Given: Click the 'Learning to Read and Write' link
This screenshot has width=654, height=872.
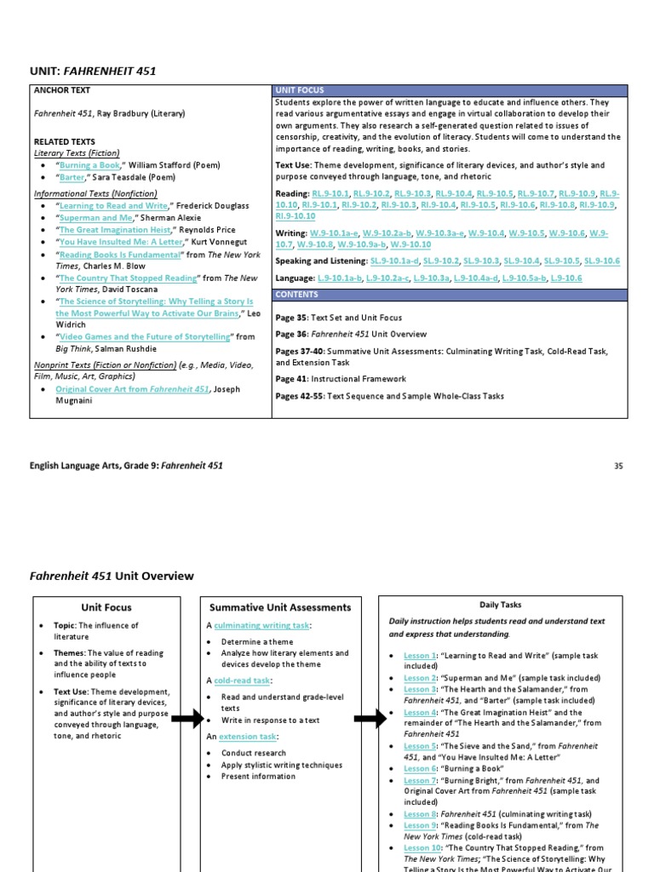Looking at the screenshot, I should pos(113,206).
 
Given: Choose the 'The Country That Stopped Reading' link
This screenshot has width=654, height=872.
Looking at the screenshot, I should pos(128,278).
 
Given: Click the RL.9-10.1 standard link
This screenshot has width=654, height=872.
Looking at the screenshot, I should pos(331,194).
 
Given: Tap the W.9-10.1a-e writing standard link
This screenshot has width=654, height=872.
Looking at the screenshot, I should pos(333,232).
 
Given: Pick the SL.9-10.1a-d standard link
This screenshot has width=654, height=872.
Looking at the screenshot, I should pos(393,261).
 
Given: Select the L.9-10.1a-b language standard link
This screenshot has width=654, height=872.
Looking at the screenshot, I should pos(340,278).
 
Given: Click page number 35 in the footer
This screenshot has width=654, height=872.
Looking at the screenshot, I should pos(618,466).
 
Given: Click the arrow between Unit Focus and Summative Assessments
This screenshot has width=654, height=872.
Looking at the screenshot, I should pos(187,720).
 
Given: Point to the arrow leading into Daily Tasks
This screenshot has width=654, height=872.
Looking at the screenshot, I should pos(370,720).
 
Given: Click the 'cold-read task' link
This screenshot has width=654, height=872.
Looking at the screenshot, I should pos(242,680).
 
